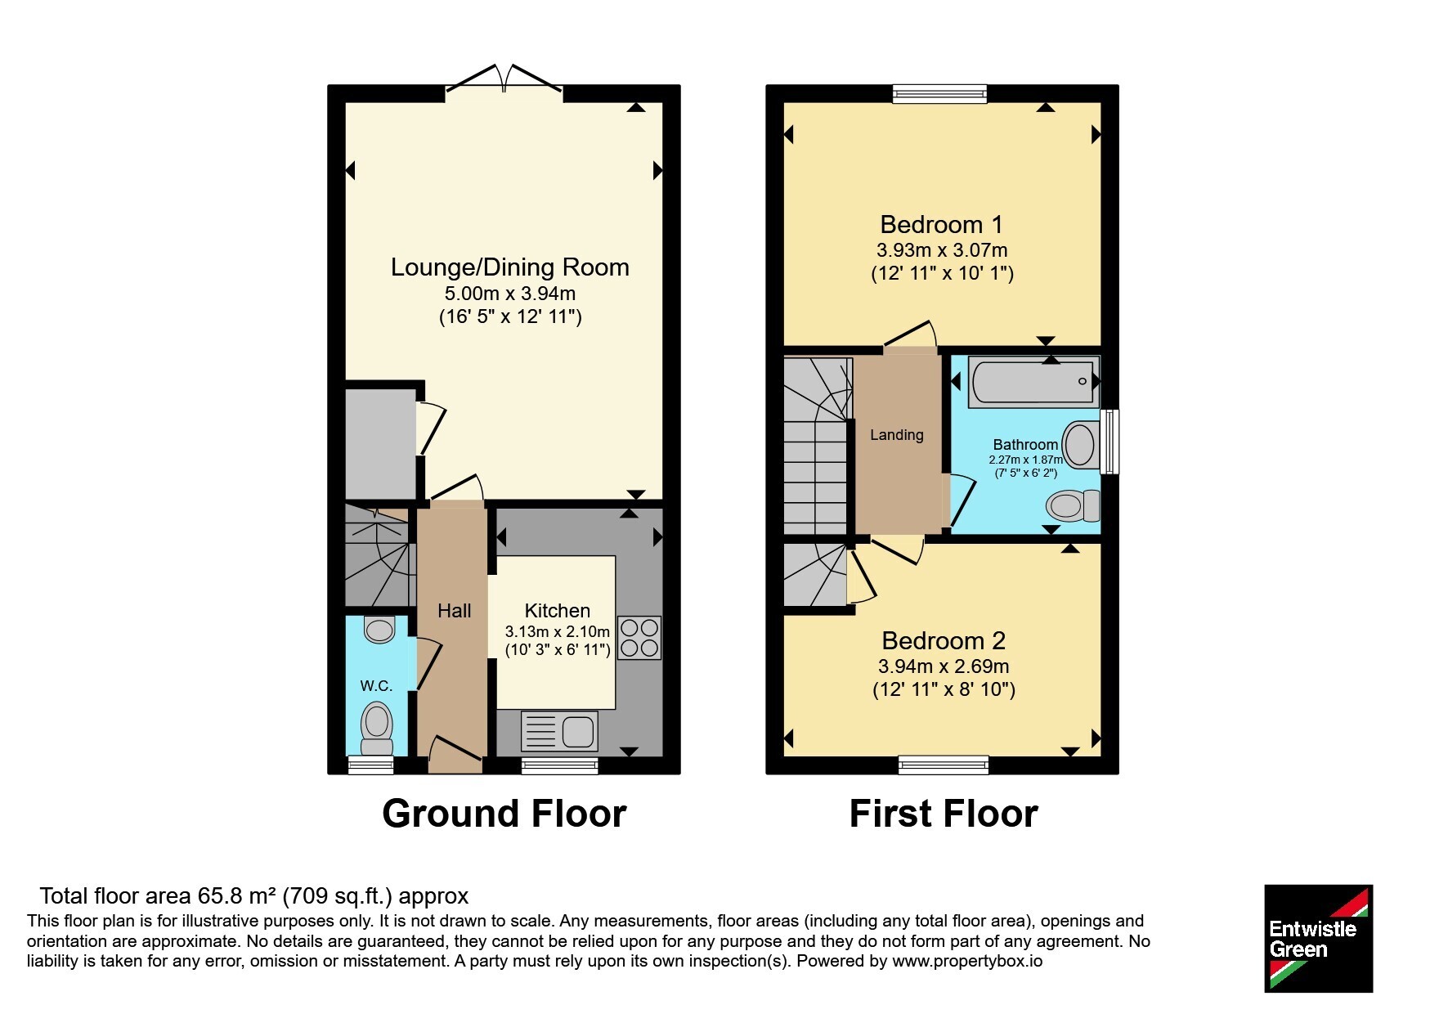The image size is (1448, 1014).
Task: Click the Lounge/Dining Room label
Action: (x=509, y=267)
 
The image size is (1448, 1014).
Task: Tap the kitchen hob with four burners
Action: (x=639, y=638)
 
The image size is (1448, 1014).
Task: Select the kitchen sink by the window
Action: (x=559, y=731)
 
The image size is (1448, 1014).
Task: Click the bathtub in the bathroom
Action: (x=1033, y=381)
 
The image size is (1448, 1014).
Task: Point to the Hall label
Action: (x=455, y=611)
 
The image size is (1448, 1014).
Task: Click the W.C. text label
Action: (x=376, y=686)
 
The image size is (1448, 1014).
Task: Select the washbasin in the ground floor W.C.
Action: (x=379, y=629)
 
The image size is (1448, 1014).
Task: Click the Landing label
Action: (x=897, y=435)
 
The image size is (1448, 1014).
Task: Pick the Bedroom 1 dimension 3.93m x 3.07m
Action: (x=942, y=250)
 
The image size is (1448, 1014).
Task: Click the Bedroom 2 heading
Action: (x=944, y=640)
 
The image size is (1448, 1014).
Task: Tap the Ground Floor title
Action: (x=504, y=814)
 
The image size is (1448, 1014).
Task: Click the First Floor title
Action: (x=944, y=814)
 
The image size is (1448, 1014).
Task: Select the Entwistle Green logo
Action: (x=1318, y=939)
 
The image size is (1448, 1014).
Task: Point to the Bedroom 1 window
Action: (x=940, y=93)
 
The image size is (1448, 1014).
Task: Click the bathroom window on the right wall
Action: (x=1110, y=442)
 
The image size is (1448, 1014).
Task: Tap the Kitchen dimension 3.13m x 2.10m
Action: (x=558, y=632)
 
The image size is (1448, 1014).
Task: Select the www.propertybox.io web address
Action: (x=967, y=962)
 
